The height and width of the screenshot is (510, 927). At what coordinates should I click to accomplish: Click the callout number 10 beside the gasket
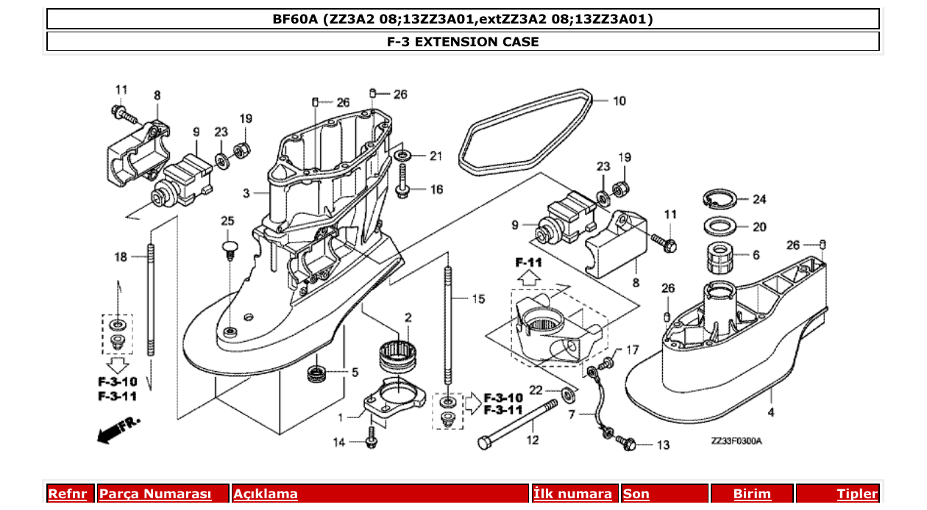(619, 101)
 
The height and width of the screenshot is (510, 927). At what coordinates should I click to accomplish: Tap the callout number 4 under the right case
(770, 413)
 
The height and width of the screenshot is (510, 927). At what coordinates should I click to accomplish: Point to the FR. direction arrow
(118, 430)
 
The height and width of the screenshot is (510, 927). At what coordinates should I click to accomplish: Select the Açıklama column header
(266, 494)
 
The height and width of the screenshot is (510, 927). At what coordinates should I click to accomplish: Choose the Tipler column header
(857, 494)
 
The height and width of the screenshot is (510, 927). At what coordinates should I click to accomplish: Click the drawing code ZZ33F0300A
(736, 441)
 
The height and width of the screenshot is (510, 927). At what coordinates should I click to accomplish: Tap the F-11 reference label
(528, 262)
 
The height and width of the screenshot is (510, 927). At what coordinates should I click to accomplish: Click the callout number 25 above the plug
(227, 220)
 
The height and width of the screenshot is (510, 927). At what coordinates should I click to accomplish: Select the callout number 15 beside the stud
(478, 298)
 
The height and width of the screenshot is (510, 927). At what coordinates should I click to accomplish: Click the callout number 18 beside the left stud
(120, 256)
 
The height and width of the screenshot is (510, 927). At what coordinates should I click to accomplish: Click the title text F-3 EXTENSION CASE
(463, 42)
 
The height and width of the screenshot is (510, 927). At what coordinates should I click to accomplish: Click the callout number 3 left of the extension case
(246, 193)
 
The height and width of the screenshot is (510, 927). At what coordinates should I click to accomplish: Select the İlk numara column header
(572, 494)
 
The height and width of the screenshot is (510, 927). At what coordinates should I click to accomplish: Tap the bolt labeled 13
(627, 444)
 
